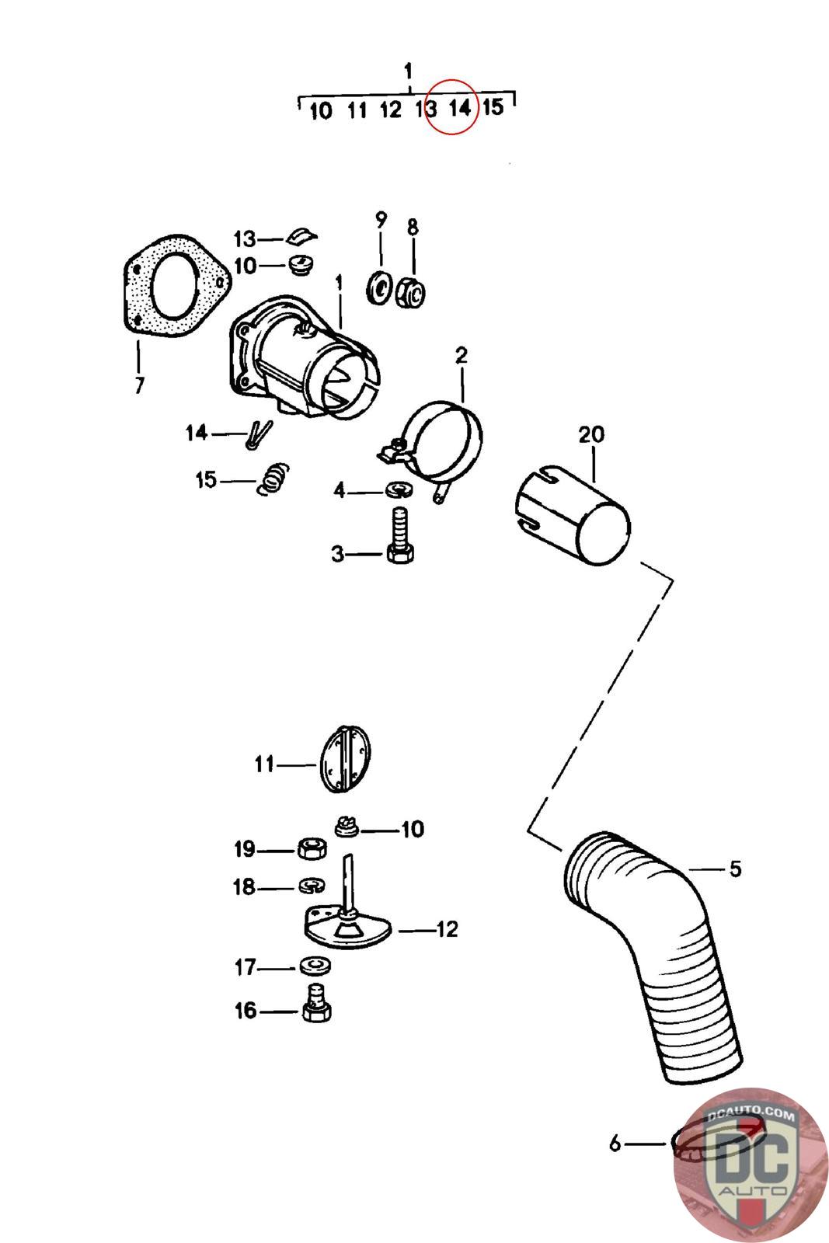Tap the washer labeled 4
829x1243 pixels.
click(399, 490)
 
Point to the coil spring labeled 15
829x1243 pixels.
click(273, 479)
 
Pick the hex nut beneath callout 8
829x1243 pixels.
click(411, 292)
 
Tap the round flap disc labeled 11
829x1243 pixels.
click(345, 758)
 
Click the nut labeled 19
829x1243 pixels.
click(312, 849)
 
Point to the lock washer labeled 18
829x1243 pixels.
click(312, 886)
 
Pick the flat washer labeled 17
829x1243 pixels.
click(315, 966)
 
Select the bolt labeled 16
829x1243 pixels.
click(317, 1003)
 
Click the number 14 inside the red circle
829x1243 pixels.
click(460, 108)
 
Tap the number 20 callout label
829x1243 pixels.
click(591, 434)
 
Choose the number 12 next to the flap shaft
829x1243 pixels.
click(447, 929)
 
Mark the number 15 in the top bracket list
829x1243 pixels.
click(493, 106)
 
